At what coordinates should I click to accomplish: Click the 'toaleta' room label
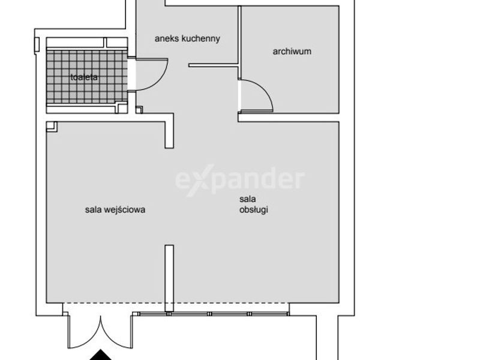(x=84, y=77)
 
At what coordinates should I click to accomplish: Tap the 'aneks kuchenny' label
(x=187, y=38)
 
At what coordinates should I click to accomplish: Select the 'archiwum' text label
(x=292, y=51)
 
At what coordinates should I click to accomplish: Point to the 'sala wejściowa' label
(x=115, y=209)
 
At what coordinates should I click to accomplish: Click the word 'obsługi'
(x=254, y=209)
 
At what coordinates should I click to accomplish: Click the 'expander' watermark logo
(x=240, y=180)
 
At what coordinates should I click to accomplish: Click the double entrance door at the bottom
(x=101, y=332)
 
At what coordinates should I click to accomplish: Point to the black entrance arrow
(x=100, y=355)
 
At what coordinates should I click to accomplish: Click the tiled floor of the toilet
(x=86, y=77)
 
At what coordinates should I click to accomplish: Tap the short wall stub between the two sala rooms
(x=169, y=278)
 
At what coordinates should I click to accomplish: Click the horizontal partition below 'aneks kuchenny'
(x=214, y=65)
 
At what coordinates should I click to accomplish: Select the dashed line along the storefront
(x=176, y=303)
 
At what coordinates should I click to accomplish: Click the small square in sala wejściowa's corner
(x=52, y=127)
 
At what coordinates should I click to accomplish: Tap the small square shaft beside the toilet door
(x=139, y=110)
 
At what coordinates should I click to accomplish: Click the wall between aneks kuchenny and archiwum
(x=239, y=41)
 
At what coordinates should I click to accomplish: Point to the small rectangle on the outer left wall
(x=37, y=44)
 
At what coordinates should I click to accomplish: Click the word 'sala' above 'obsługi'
(x=248, y=199)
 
